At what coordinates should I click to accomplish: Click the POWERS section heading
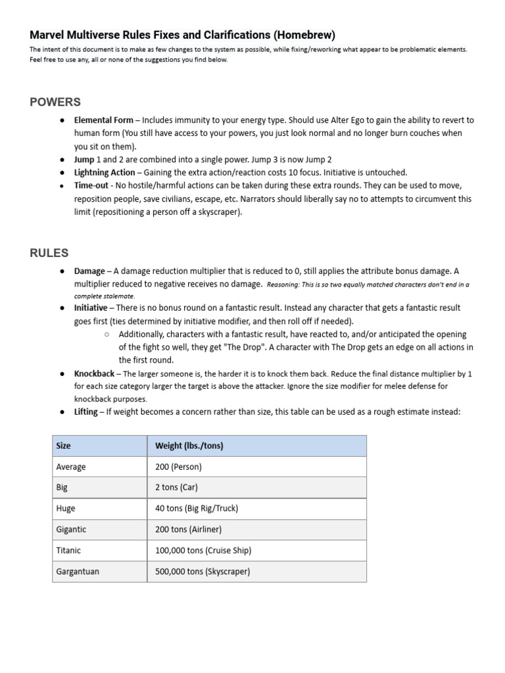[x=55, y=102]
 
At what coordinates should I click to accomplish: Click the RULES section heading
[x=49, y=253]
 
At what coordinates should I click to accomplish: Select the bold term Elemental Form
[x=104, y=120]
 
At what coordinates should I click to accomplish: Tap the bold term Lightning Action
[x=105, y=172]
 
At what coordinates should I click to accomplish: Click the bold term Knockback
[x=95, y=373]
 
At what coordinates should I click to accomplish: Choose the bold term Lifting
[x=85, y=412]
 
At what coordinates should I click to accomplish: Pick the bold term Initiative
[x=91, y=308]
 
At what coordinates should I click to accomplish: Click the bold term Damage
[x=89, y=271]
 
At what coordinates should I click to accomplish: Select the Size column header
[x=64, y=446]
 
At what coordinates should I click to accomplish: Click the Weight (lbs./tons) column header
[x=189, y=446]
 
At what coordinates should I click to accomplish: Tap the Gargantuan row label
[x=78, y=572]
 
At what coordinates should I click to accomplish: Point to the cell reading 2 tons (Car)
[x=176, y=488]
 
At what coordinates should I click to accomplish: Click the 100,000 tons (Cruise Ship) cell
[x=203, y=551]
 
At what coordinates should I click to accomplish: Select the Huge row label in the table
[x=66, y=509]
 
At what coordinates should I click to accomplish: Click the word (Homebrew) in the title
[x=301, y=35]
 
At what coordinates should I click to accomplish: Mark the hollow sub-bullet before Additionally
[x=107, y=335]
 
